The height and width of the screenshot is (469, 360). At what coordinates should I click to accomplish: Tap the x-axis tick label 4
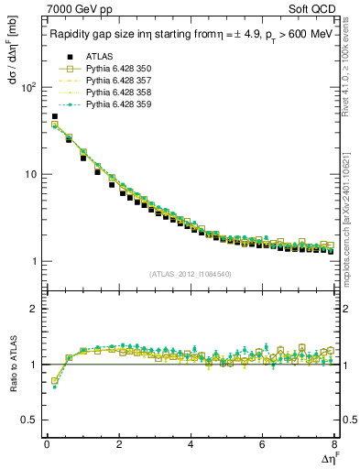[191, 446]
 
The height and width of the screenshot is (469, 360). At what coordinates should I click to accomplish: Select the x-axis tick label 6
[263, 446]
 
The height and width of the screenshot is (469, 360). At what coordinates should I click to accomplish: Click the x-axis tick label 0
[46, 446]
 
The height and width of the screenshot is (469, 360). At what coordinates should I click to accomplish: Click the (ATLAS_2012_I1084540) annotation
[191, 274]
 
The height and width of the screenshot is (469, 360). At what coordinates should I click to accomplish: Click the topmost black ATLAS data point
[54, 117]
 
